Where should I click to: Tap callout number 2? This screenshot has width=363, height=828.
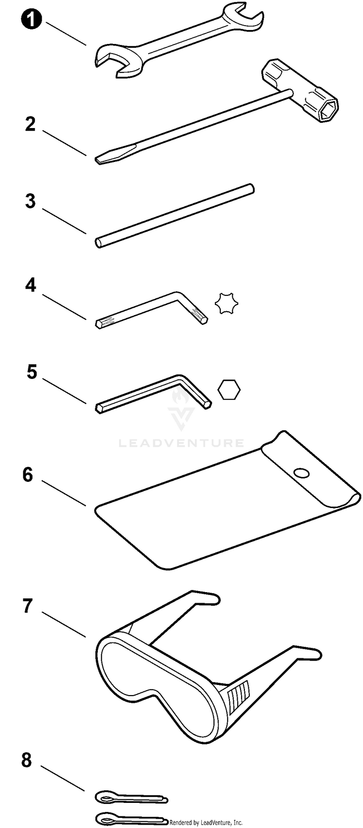(x=30, y=125)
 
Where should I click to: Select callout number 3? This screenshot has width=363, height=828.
(x=30, y=202)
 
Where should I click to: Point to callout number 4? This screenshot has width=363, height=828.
(x=30, y=285)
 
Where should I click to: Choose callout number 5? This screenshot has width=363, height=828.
(x=31, y=373)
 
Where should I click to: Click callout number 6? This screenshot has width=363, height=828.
(x=28, y=475)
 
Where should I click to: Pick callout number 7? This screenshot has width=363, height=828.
(x=28, y=606)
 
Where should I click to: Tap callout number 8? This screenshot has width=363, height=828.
(x=27, y=760)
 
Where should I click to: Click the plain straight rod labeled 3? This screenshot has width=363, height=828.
(x=174, y=215)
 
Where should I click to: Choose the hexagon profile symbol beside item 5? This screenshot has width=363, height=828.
(x=229, y=390)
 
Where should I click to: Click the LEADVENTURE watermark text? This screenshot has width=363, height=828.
(x=181, y=443)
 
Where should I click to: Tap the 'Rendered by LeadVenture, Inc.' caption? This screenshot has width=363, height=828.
(x=206, y=823)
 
